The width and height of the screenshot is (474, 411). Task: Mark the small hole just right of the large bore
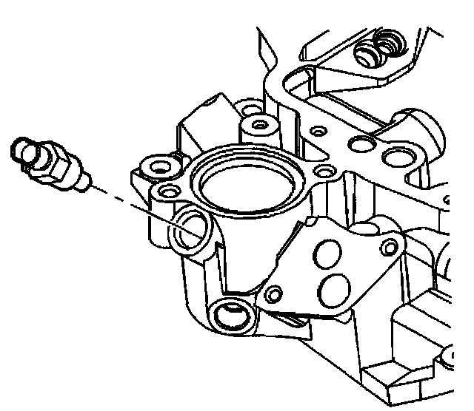tap(323, 171)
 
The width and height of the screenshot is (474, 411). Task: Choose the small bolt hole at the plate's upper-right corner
tap(387, 247)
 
